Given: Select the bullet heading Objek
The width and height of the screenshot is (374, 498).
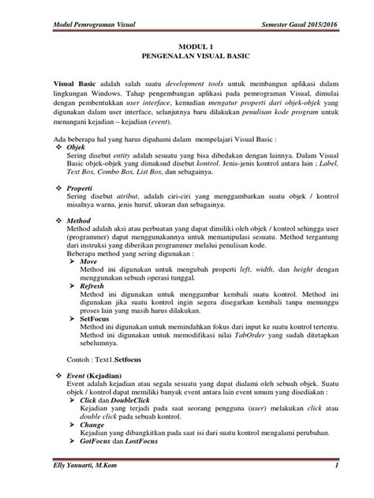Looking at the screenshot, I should [77, 147].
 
